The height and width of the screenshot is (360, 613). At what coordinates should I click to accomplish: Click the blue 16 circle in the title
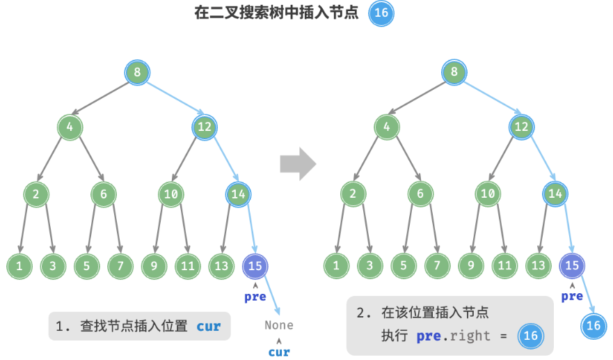(381, 13)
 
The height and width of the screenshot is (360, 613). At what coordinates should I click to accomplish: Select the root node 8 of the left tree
(137, 72)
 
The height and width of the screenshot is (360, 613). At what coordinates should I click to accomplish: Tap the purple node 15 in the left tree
(255, 265)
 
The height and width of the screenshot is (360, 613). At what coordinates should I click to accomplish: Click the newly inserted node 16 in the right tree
(593, 325)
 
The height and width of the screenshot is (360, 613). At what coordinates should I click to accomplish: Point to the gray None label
(279, 325)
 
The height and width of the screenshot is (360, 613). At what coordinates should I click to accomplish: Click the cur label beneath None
(279, 352)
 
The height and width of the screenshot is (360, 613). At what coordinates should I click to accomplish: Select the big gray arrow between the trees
(298, 164)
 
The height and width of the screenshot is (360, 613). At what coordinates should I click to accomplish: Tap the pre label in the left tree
(255, 297)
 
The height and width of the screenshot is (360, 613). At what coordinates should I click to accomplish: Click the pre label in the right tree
(572, 297)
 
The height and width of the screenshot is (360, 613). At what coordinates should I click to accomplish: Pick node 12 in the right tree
(521, 127)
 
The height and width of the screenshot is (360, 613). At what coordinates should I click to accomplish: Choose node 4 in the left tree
(70, 127)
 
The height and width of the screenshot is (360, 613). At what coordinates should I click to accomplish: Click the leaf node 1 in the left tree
(19, 265)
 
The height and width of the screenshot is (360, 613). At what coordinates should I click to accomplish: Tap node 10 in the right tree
(488, 194)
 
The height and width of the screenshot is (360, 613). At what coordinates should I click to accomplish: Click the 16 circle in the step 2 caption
(530, 336)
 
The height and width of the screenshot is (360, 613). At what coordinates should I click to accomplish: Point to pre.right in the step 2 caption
(453, 336)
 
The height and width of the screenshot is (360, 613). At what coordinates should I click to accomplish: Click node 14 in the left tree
(238, 194)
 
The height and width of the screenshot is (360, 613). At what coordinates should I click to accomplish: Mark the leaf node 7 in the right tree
(437, 265)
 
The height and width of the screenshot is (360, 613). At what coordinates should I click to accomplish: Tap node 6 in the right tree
(420, 194)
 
